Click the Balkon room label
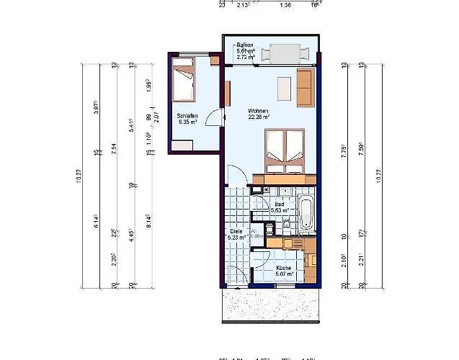coord(244,44)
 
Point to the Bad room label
coord(280,204)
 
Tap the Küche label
coord(283,267)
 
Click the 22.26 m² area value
coord(259,117)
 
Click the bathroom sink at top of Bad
coord(282,190)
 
